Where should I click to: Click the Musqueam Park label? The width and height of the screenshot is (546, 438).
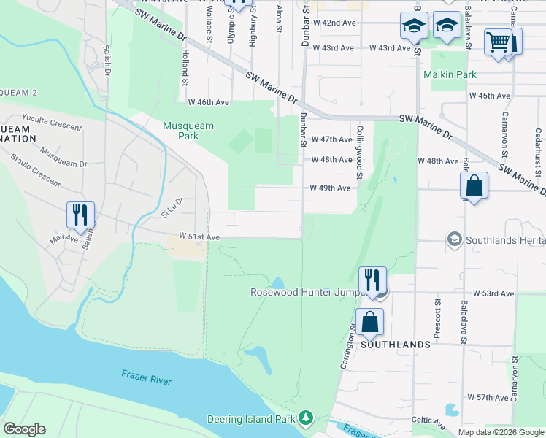pyautogui.click(x=188, y=131)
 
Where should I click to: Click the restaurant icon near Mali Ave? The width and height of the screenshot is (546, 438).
pyautogui.click(x=80, y=215)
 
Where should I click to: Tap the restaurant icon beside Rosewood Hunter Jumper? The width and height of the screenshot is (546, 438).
pyautogui.click(x=372, y=280)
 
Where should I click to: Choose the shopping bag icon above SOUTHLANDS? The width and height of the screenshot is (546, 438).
pyautogui.click(x=370, y=321)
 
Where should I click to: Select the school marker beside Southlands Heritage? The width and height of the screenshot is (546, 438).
pyautogui.click(x=454, y=239)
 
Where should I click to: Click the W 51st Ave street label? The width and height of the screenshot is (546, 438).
pyautogui.click(x=199, y=237)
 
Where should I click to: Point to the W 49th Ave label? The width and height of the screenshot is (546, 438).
pyautogui.click(x=330, y=188)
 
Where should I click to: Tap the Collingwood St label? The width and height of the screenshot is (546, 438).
pyautogui.click(x=360, y=151)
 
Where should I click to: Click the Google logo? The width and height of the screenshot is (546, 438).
pyautogui.click(x=24, y=429)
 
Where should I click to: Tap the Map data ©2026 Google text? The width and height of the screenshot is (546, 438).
pyautogui.click(x=500, y=432)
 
